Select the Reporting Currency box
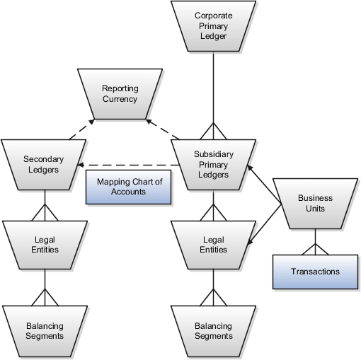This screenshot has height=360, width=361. (120, 93)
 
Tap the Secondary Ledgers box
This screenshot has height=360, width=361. (45, 165)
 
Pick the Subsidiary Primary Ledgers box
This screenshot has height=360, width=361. (213, 165)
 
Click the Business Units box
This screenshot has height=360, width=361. (315, 204)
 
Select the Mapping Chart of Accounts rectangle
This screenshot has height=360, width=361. (129, 187)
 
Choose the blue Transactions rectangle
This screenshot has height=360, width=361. (315, 272)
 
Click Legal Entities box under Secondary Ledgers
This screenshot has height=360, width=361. (45, 245)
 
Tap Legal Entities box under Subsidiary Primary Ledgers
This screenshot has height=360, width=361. (213, 245)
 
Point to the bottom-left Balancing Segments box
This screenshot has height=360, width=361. (45, 330)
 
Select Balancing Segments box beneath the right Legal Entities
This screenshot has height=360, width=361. (213, 330)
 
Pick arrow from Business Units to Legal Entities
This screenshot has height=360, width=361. (265, 226)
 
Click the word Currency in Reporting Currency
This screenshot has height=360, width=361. (120, 100)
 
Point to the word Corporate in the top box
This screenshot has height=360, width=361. (214, 14)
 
